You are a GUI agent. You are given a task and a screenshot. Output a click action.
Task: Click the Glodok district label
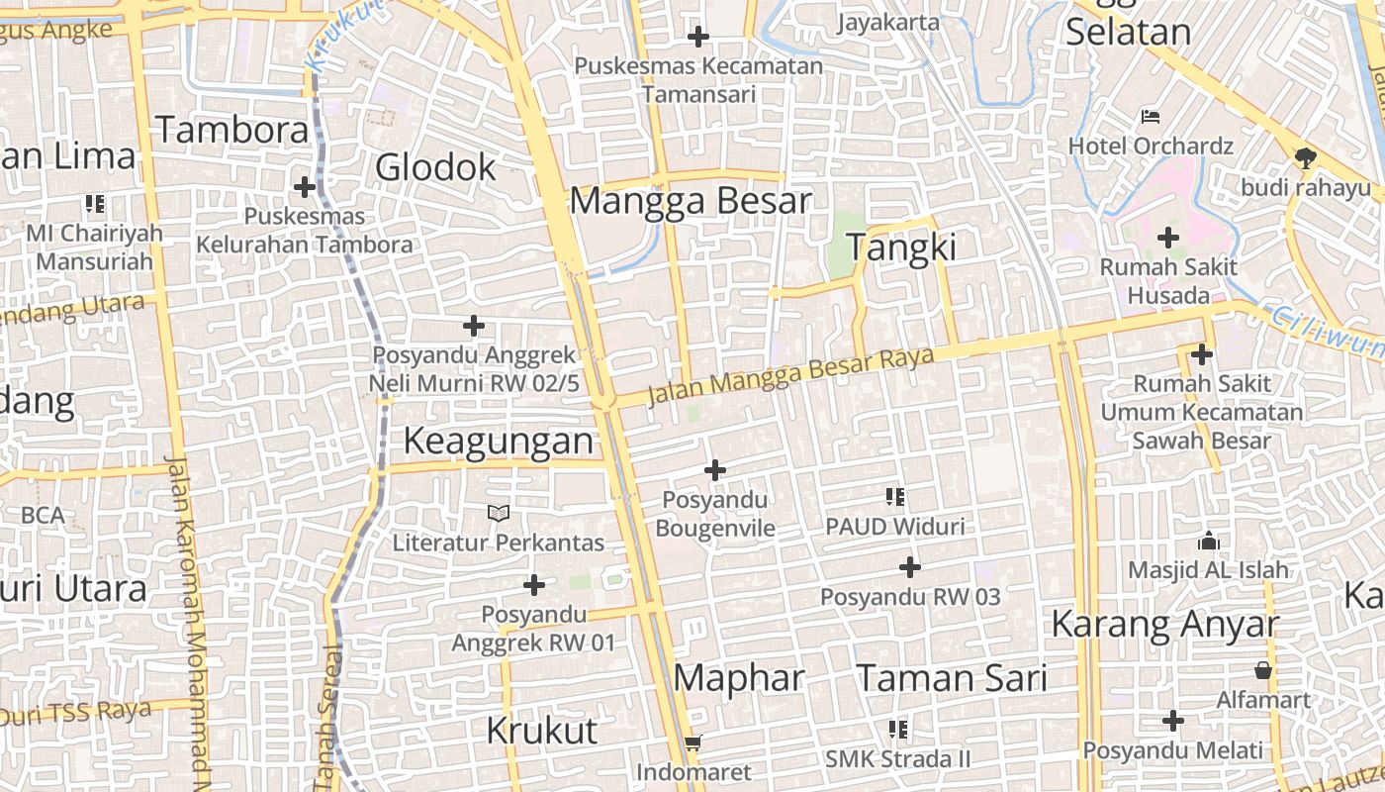(x=435, y=167)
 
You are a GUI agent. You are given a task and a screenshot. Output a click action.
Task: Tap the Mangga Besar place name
(x=691, y=201)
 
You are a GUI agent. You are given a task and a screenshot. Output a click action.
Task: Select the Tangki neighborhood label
(x=901, y=247)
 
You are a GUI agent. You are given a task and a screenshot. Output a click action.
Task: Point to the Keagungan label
(x=499, y=442)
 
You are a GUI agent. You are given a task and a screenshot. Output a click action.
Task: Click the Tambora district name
(x=232, y=130)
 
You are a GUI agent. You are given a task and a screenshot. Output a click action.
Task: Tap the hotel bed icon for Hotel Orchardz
(x=1151, y=117)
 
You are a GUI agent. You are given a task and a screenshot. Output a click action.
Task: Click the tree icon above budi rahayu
(x=1306, y=157)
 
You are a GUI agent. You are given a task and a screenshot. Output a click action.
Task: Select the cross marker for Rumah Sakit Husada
(x=1168, y=238)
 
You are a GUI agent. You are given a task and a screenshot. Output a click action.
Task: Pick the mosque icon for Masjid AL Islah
(x=1208, y=541)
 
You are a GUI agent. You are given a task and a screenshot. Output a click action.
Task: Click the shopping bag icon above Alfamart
(x=1262, y=670)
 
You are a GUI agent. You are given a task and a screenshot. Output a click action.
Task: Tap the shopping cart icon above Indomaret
(x=693, y=742)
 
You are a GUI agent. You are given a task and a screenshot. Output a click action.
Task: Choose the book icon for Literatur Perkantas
(x=499, y=513)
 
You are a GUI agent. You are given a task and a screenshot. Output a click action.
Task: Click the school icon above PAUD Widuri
(x=895, y=497)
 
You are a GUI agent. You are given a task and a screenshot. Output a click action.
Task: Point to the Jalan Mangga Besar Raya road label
(x=790, y=375)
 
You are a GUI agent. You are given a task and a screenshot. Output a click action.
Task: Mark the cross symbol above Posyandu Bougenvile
(x=714, y=470)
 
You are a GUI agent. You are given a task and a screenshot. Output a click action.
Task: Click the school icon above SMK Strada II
(x=898, y=730)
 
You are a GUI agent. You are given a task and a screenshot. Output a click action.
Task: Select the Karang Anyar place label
(x=1164, y=625)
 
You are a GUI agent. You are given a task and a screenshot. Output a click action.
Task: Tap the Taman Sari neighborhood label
(x=951, y=678)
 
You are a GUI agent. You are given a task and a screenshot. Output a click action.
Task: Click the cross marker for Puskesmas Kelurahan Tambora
(x=305, y=186)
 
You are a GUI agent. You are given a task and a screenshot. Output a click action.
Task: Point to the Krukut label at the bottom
(x=541, y=731)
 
